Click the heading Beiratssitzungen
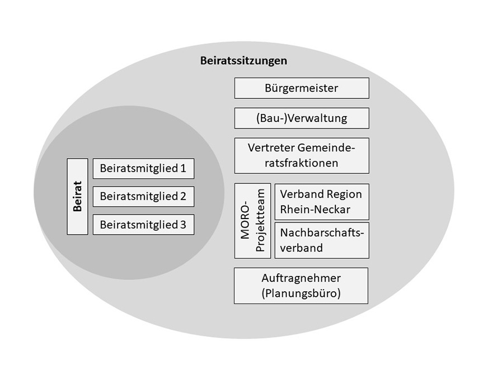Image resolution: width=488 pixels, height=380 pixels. tap(243, 61)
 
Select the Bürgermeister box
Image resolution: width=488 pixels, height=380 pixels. tap(302, 88)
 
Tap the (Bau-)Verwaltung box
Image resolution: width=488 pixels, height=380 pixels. tap(302, 118)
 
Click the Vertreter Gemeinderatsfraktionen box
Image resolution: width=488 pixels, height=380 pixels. tap(302, 155)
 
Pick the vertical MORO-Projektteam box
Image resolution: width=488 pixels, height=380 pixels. tap(252, 221)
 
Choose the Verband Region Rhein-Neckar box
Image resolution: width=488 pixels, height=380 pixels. tap(322, 202)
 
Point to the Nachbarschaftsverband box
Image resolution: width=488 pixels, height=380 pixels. tap(322, 240)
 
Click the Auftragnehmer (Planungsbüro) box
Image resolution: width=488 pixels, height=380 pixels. tap(301, 286)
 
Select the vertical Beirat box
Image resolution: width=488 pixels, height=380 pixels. tap(78, 197)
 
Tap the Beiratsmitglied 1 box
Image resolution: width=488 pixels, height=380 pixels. tap(143, 168)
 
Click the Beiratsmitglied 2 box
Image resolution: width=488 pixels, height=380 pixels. tap(143, 197)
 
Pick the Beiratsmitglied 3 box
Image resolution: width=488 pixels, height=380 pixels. tap(143, 225)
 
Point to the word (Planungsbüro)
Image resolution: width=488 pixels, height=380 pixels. tap(301, 293)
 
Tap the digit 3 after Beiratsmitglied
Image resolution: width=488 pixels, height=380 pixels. tap(182, 225)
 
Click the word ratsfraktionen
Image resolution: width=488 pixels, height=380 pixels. tap(302, 163)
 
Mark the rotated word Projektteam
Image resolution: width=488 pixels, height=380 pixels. tap(260, 221)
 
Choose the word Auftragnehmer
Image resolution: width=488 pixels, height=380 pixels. tap(301, 278)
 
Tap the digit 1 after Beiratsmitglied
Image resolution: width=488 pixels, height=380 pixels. tap(182, 168)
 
